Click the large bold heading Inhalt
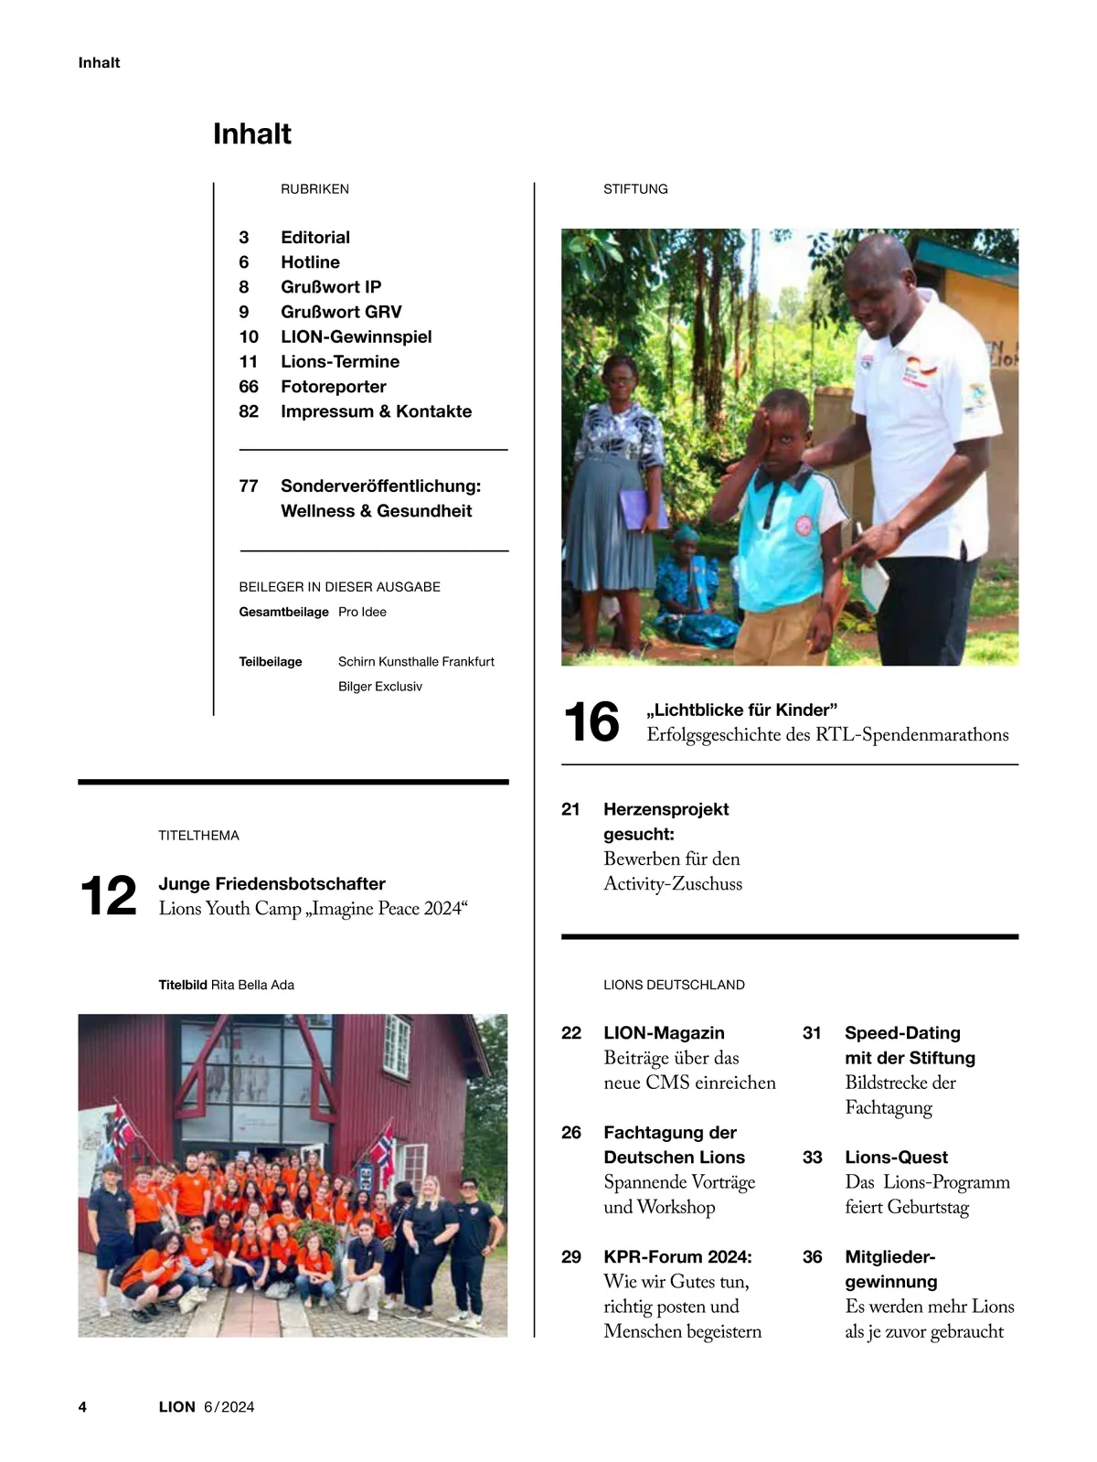point(251,134)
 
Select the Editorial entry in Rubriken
point(314,238)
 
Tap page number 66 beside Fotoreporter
point(249,387)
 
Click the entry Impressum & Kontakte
point(376,411)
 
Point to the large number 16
point(591,722)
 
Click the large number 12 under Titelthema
point(108,896)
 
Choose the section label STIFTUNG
point(635,189)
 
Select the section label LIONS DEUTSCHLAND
point(674,985)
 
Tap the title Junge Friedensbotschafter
point(272,884)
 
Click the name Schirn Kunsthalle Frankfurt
point(416,662)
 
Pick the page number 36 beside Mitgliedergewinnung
point(812,1257)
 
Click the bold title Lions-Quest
point(896,1158)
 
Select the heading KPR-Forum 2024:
point(677,1257)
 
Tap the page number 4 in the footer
point(82,1407)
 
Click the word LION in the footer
point(176,1407)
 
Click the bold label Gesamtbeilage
point(283,613)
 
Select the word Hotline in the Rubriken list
point(310,262)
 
